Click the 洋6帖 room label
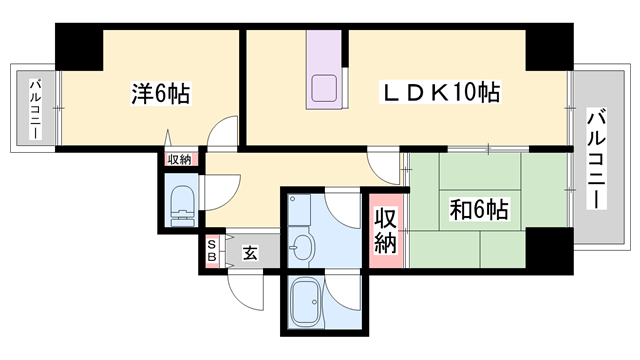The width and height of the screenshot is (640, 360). (x=160, y=94)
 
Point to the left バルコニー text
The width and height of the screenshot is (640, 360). (x=34, y=108)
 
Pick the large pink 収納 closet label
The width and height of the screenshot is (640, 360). (x=385, y=230)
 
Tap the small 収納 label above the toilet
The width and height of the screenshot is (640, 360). (x=179, y=159)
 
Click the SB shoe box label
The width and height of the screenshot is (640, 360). (x=211, y=251)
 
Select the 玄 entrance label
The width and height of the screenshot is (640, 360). (x=250, y=252)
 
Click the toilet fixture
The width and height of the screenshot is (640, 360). (x=182, y=205)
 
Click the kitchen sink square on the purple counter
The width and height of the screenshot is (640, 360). (x=327, y=87)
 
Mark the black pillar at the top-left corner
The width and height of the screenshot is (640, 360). (x=78, y=46)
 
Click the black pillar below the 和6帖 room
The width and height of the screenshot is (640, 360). (x=548, y=246)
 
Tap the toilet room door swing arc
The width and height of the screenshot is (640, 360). (x=222, y=187)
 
